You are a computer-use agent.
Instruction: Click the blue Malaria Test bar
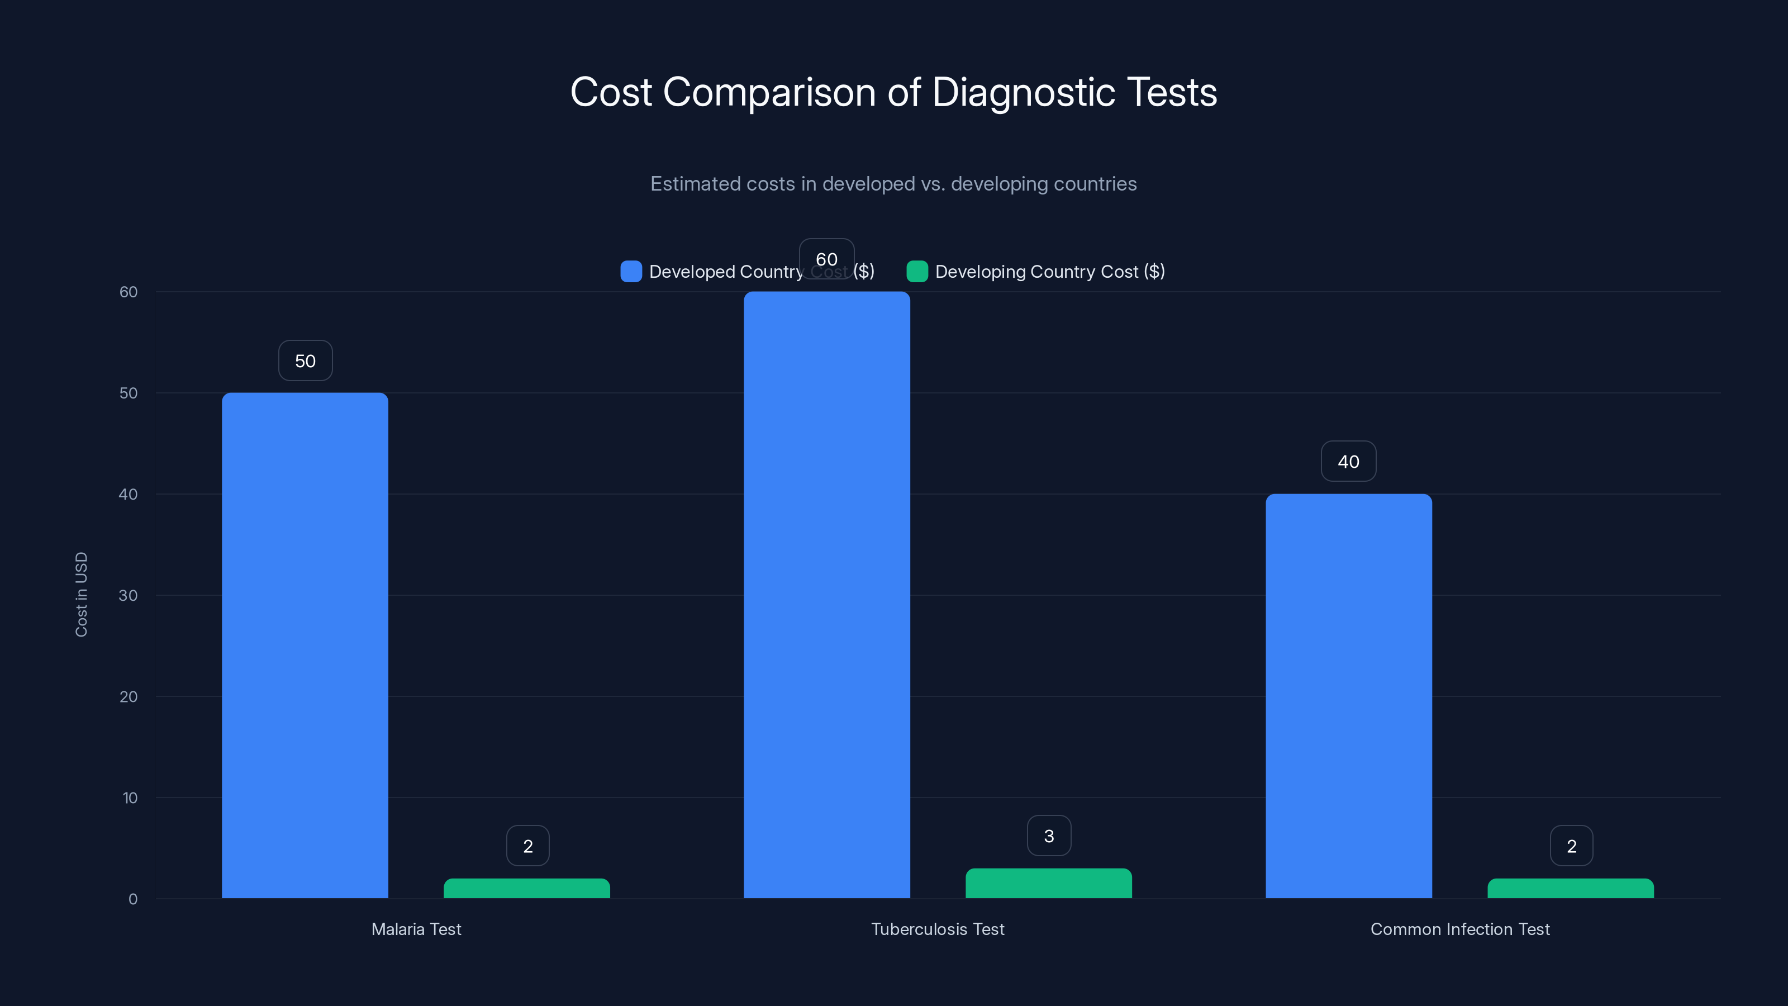click(305, 646)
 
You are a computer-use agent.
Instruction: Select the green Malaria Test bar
click(527, 889)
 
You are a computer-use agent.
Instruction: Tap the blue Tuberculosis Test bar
click(827, 595)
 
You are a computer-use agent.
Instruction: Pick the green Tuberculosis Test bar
click(1048, 883)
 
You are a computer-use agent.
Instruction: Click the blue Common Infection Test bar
click(1349, 696)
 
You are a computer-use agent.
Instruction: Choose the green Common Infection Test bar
click(1570, 889)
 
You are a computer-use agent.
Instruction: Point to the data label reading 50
click(306, 361)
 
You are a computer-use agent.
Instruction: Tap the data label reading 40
click(1348, 462)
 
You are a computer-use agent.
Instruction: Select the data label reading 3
click(1049, 836)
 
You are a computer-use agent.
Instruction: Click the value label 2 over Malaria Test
click(527, 846)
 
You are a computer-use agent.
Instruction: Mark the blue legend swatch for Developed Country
click(631, 272)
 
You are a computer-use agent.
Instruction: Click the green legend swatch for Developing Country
click(917, 272)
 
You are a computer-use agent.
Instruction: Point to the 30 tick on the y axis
click(129, 596)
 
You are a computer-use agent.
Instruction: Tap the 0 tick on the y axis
click(132, 899)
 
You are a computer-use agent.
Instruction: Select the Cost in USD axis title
click(81, 594)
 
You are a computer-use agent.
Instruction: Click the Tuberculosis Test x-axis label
click(937, 929)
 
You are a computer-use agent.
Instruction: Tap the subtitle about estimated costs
click(893, 184)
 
